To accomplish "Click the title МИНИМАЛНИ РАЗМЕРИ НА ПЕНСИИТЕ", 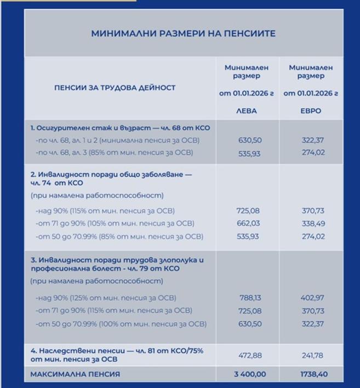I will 184,33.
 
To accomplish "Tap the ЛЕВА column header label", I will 246,110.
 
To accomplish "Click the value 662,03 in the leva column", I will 246,224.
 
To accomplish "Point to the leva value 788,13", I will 246,298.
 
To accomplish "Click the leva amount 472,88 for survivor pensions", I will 246,355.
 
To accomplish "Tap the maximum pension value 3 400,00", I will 246,374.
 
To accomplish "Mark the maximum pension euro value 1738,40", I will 311,374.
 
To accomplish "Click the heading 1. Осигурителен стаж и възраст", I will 120,128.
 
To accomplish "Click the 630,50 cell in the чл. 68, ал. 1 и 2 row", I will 246,140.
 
